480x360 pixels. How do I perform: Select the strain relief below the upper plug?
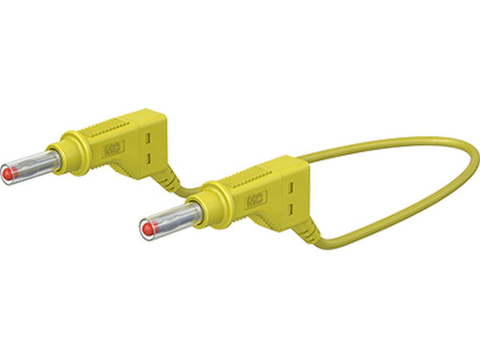(x=167, y=179)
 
